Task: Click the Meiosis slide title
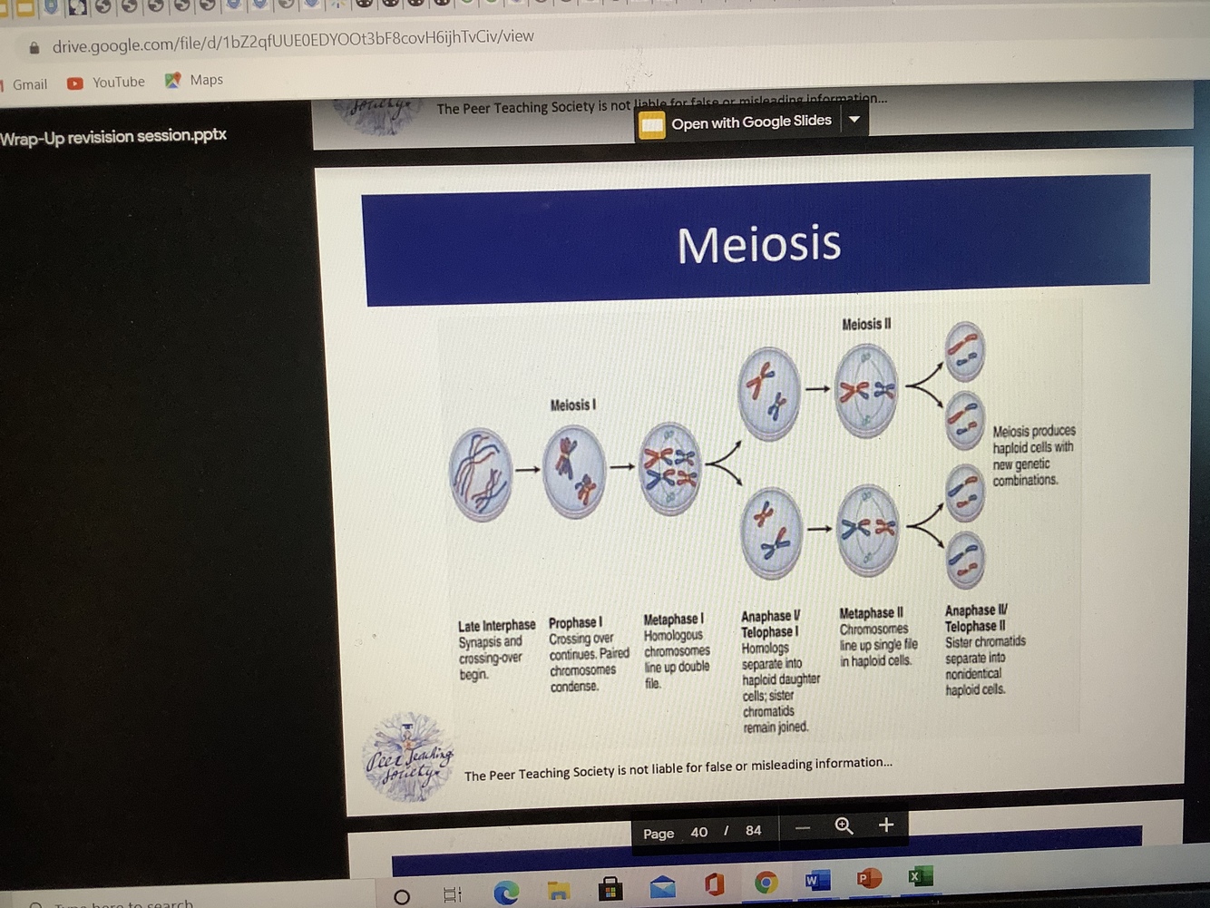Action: click(x=758, y=243)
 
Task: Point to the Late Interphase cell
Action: click(x=480, y=474)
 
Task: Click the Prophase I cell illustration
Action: click(x=573, y=471)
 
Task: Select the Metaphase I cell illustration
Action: click(x=670, y=468)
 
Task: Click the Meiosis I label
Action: click(x=572, y=405)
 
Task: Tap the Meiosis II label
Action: click(x=866, y=324)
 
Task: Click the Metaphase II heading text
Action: click(x=871, y=613)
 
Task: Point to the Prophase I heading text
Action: click(x=575, y=623)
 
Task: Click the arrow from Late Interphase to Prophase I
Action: click(x=527, y=470)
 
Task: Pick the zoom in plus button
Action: click(x=886, y=825)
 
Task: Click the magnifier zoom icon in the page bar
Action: click(x=844, y=825)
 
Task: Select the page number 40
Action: click(x=698, y=832)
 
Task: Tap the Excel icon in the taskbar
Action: click(x=919, y=876)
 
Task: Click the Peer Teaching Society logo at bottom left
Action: click(x=407, y=757)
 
